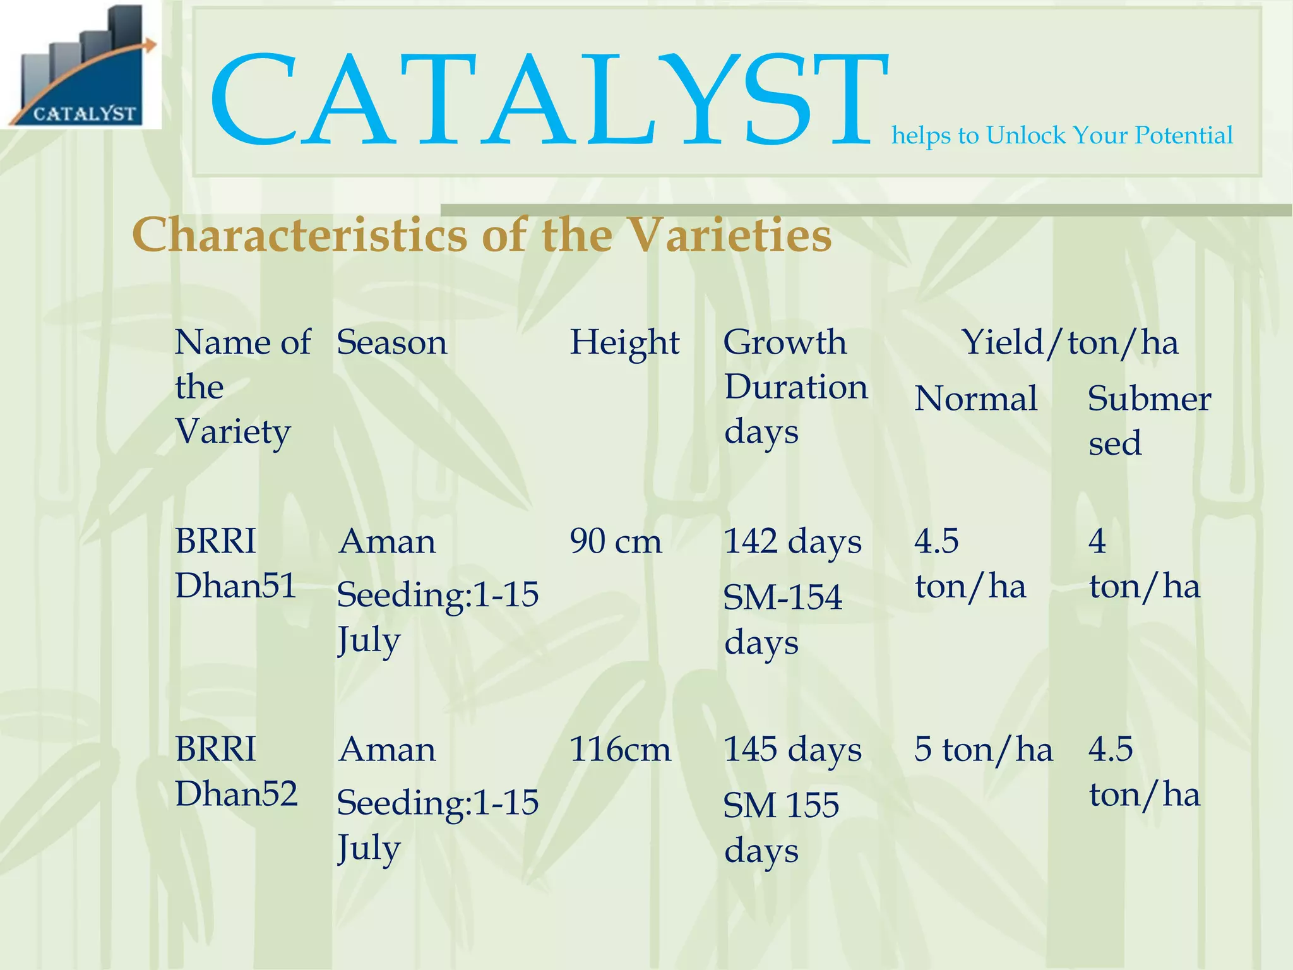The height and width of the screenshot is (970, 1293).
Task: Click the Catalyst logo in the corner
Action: tap(81, 65)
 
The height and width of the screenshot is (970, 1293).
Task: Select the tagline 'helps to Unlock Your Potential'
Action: tap(1061, 136)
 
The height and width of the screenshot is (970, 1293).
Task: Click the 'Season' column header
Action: tap(391, 343)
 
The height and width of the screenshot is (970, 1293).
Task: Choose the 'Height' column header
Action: tap(624, 343)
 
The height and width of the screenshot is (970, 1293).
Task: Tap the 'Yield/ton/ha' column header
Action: tap(1070, 343)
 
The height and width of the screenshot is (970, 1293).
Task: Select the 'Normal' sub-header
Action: tap(975, 399)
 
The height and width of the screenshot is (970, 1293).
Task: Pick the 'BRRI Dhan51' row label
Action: tap(235, 563)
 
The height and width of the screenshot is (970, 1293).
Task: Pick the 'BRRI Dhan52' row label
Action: tap(235, 771)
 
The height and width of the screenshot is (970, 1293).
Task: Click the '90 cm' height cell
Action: tap(616, 542)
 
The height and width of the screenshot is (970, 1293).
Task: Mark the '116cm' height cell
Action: tap(619, 750)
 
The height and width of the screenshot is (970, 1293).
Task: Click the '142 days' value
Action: tap(792, 542)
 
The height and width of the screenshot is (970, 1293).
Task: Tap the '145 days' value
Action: tap(792, 750)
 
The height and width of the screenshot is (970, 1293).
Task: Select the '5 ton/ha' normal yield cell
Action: tap(983, 750)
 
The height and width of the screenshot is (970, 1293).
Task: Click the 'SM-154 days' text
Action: tap(782, 620)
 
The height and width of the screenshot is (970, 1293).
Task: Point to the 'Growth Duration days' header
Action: tap(795, 386)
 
